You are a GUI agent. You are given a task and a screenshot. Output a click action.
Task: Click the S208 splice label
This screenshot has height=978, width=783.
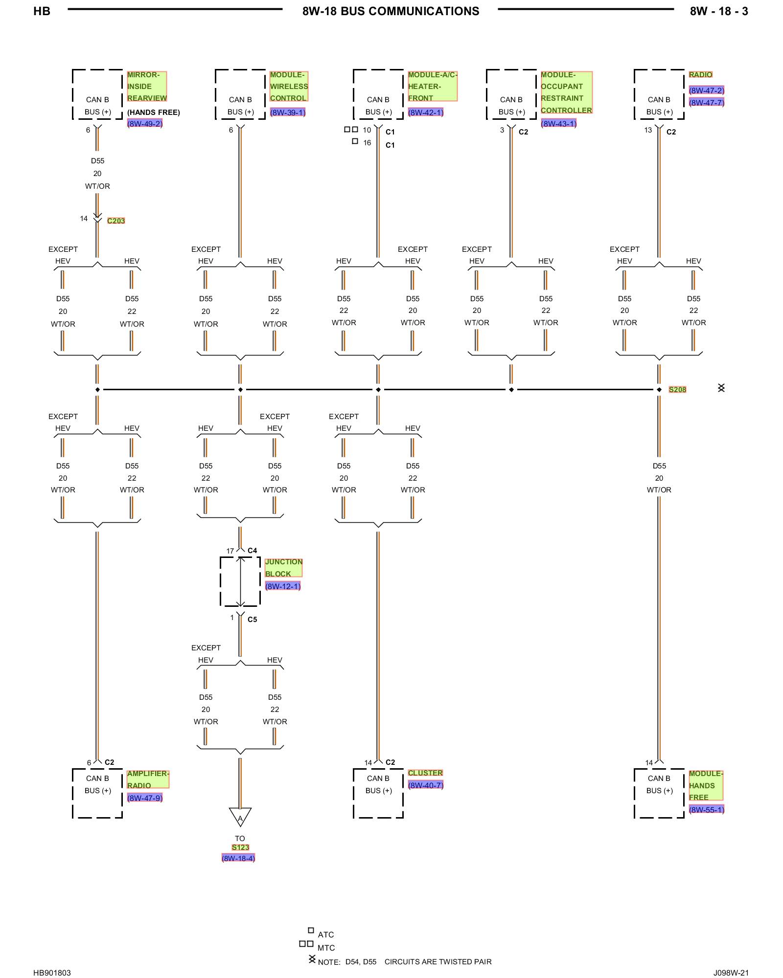677,389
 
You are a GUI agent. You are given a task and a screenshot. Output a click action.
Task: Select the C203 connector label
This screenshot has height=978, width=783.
116,221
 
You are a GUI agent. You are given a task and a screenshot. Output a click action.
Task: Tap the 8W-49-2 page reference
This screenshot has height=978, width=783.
144,124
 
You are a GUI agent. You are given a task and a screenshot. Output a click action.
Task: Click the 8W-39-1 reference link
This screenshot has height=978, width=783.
287,112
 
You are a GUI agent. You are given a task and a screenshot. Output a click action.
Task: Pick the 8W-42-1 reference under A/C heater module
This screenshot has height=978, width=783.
425,112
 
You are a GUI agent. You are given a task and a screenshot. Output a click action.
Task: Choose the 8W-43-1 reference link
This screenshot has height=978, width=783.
558,124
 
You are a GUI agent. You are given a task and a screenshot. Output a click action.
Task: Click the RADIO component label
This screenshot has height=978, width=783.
700,75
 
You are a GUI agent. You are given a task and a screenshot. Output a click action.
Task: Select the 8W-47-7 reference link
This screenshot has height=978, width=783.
706,103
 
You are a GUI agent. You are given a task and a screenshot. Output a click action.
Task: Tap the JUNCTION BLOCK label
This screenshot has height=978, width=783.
283,568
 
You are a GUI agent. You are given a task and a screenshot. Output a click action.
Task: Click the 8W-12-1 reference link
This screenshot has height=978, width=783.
282,586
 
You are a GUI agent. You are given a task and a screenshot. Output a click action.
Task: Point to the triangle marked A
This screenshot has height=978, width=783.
240,818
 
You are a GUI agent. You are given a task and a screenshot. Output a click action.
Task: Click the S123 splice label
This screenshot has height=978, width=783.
240,847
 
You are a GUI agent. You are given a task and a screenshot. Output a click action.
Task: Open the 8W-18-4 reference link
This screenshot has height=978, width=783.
238,858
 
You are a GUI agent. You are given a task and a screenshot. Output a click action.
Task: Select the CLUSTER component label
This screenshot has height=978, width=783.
425,773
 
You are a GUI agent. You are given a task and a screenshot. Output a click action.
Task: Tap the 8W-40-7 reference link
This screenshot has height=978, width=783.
425,785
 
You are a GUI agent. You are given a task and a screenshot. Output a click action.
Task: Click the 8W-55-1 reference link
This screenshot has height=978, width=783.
706,810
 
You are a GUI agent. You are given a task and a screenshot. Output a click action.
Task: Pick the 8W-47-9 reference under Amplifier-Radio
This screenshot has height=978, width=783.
144,798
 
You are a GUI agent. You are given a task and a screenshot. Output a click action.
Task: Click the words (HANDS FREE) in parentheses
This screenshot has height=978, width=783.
154,112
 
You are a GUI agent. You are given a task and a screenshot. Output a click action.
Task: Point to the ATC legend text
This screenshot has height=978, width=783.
325,934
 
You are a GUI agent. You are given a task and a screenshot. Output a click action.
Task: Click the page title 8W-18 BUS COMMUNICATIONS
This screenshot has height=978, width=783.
391,11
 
